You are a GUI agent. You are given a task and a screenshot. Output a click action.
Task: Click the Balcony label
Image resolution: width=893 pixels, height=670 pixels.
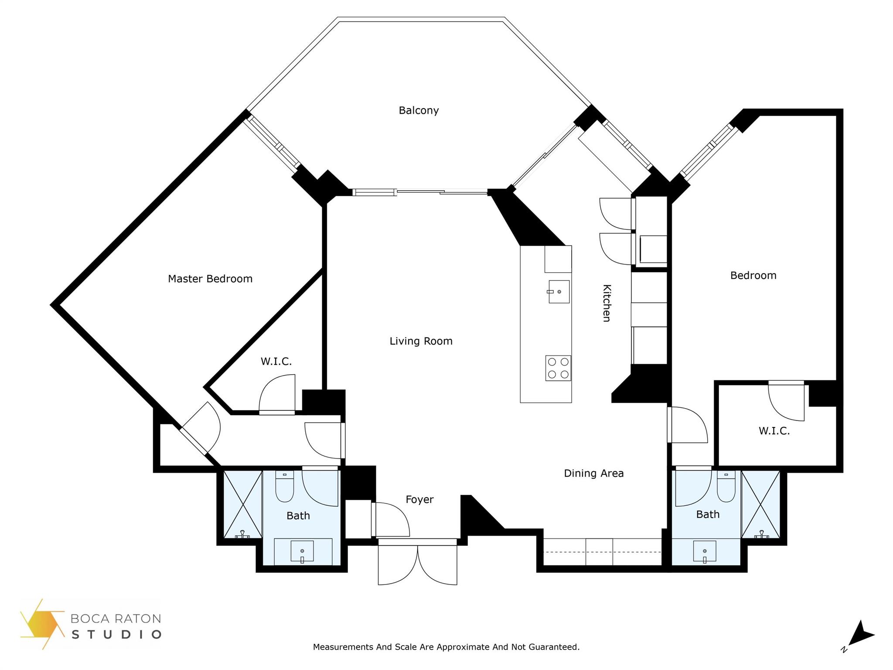419,110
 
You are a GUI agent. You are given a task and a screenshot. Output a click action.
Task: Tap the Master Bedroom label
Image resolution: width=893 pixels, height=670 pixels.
210,279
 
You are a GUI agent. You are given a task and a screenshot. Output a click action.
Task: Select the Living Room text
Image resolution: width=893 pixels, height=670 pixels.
421,341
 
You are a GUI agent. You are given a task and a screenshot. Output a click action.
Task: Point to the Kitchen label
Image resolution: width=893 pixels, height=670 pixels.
607,303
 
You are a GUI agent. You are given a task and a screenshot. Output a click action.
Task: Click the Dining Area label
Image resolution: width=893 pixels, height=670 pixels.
593,473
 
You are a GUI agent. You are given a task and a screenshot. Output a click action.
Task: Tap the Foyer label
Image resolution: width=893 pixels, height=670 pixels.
419,499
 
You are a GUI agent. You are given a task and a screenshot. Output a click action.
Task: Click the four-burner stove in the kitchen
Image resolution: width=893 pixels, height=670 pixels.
558,368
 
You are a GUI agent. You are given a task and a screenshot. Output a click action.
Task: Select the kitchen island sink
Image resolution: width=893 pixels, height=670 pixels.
559,291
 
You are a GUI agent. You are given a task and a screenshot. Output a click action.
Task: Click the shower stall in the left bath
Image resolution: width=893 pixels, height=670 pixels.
243,504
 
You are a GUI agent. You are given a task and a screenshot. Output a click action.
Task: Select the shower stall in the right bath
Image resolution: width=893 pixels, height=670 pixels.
760,504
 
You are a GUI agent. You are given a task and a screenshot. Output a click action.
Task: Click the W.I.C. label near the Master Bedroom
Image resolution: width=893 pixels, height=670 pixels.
276,361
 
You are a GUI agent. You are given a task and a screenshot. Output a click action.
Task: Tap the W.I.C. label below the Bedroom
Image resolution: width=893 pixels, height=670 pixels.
774,431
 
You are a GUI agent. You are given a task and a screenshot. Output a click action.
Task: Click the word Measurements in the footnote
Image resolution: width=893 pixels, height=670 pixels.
343,647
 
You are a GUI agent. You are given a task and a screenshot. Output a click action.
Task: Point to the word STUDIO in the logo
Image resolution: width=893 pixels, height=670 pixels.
116,634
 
